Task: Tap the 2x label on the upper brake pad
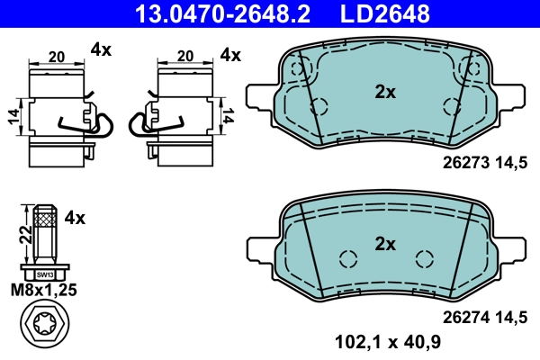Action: [x=385, y=91]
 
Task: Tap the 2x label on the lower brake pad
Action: [x=385, y=243]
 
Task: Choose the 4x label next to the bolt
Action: [x=76, y=218]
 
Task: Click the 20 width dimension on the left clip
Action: [x=57, y=56]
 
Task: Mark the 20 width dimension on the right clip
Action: [x=185, y=56]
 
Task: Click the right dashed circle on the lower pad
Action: [x=424, y=258]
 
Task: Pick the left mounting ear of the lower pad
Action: [x=259, y=245]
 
